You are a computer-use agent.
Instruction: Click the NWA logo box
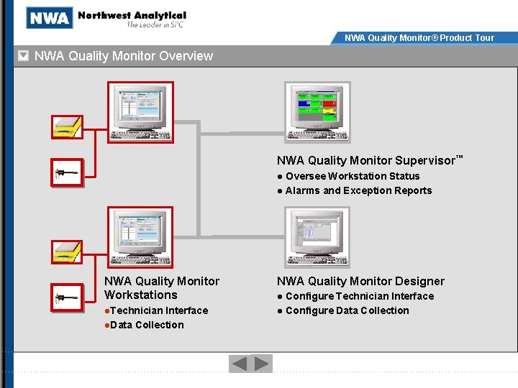[x=50, y=18]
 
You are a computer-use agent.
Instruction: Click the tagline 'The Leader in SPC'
[x=155, y=25]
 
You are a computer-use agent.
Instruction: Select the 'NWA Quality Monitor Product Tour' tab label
[x=419, y=38]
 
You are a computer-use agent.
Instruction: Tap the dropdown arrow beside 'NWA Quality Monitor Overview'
[x=24, y=56]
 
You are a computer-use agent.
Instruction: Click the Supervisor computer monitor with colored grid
[x=317, y=112]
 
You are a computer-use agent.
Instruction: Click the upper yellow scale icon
[x=68, y=126]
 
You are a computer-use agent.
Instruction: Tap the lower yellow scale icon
[x=68, y=251]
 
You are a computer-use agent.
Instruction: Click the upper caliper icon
[x=68, y=173]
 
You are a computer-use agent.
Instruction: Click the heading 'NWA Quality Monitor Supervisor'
[x=366, y=161]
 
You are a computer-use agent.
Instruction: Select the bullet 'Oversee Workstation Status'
[x=353, y=176]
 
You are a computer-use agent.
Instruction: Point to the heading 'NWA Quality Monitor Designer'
[x=360, y=281]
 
